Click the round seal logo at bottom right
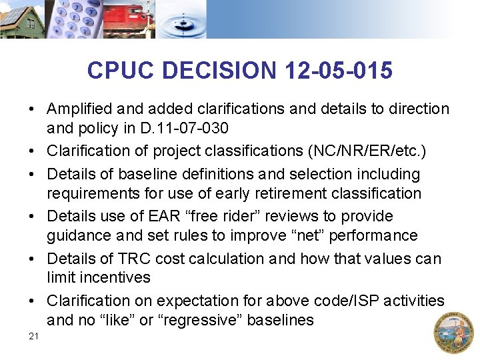pos(453,332)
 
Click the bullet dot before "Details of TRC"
pos(32,259)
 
